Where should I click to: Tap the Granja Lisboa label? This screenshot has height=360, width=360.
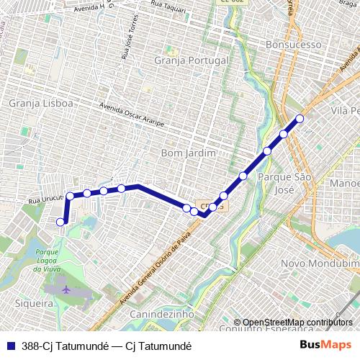pyautogui.click(x=41, y=104)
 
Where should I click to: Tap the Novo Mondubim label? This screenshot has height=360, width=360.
pyautogui.click(x=319, y=264)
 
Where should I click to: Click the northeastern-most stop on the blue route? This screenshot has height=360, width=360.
pyautogui.click(x=300, y=118)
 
